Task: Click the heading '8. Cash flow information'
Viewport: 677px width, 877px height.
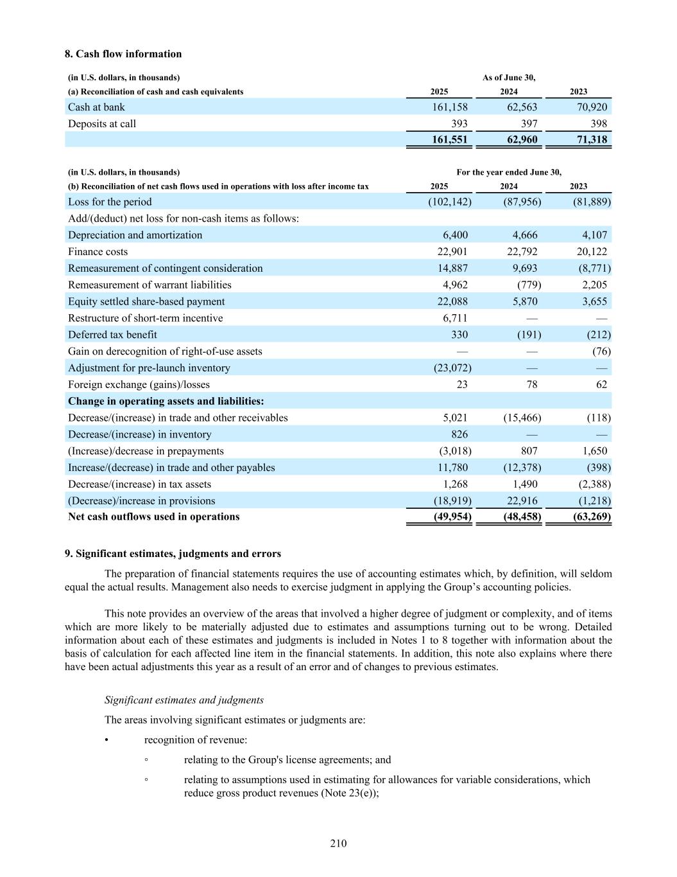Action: click(123, 54)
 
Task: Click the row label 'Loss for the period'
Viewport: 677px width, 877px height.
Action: click(110, 202)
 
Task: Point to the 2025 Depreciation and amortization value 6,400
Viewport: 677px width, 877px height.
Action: click(455, 235)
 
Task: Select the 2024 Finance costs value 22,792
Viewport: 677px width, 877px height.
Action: click(522, 252)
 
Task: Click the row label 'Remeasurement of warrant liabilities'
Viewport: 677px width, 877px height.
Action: click(150, 285)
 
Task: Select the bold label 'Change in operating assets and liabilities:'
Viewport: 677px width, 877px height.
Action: click(166, 402)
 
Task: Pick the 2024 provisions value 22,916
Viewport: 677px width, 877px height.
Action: click(522, 501)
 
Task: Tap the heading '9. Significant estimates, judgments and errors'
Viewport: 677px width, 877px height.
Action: click(173, 554)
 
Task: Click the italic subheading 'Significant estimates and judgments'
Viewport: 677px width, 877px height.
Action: click(184, 700)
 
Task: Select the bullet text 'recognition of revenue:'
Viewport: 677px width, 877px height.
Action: click(196, 740)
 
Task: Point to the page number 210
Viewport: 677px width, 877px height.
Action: click(338, 844)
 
